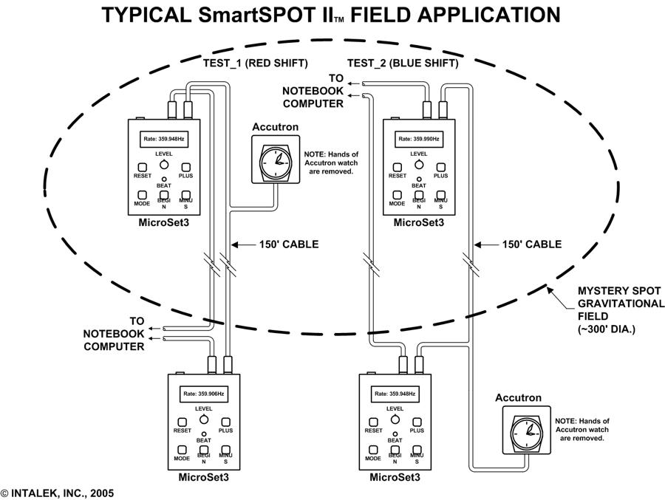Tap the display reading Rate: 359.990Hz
[x=419, y=138]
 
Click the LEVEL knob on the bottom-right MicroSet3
[x=395, y=419]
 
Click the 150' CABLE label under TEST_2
[x=531, y=244]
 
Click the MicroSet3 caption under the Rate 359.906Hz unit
[x=204, y=476]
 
